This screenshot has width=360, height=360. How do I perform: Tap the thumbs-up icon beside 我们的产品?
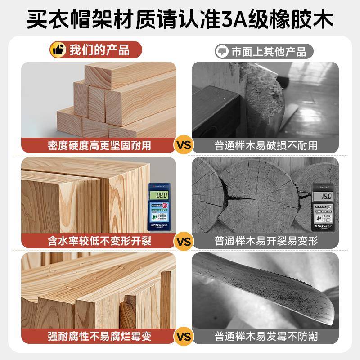tap(58, 50)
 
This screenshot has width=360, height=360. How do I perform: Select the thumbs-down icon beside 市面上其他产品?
tap(221, 51)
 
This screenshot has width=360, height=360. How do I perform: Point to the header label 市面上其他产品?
tap(268, 51)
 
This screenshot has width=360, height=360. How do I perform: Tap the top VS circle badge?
tap(183, 145)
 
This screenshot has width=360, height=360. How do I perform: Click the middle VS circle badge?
tap(183, 241)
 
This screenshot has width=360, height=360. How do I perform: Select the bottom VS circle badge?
tap(183, 336)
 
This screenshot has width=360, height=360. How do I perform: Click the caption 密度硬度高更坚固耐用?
tap(99, 145)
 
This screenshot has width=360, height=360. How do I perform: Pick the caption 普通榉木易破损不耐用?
tap(266, 145)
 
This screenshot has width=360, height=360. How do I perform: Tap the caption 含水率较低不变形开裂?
tap(99, 241)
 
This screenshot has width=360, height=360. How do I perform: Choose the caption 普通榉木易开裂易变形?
tap(266, 241)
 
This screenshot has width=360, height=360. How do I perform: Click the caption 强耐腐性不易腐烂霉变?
tap(99, 336)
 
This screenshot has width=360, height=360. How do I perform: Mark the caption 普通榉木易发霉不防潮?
tap(266, 336)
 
